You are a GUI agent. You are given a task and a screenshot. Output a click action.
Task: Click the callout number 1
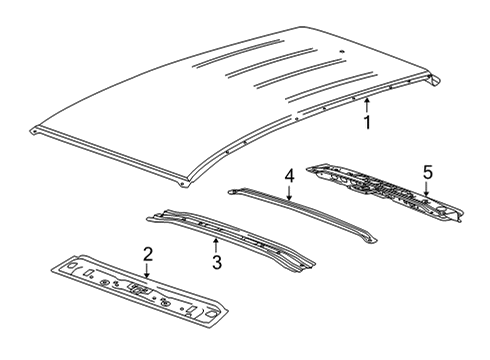pos(367,123)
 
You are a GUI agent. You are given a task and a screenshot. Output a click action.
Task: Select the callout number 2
pos(147,253)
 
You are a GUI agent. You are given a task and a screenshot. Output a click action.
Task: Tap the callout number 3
pos(215,263)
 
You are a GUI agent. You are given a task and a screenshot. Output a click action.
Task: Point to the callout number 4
pos(289,176)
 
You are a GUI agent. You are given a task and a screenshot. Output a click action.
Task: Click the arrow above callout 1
pos(367,105)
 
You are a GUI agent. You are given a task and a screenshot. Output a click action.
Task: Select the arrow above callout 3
pos(215,244)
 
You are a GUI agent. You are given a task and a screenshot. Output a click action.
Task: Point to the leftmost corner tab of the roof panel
pos(35,130)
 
